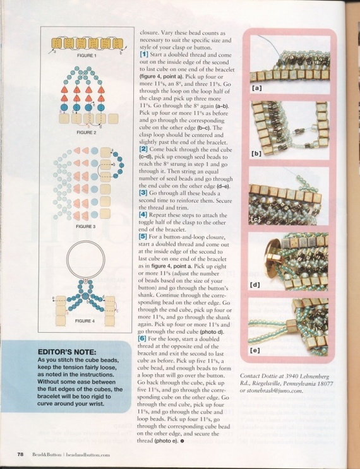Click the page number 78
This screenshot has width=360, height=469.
[21, 454]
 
